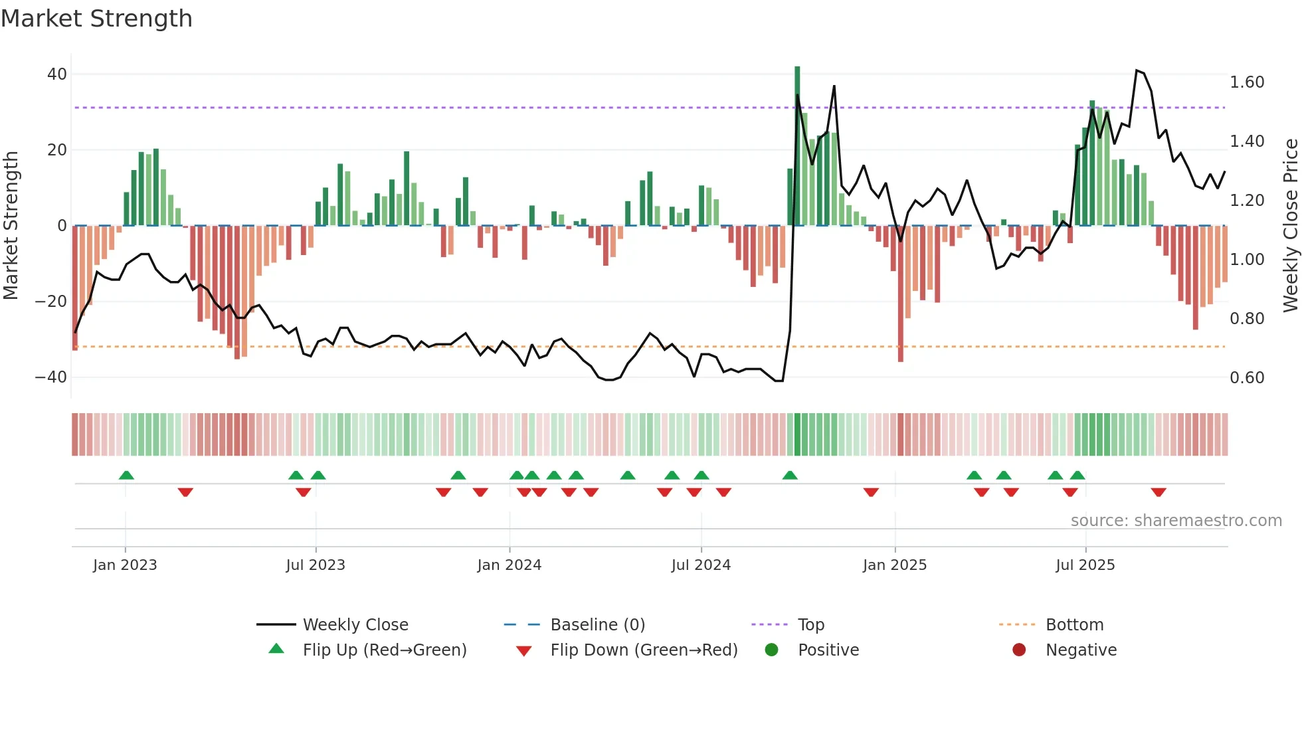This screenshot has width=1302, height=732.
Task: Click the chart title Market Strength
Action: click(96, 19)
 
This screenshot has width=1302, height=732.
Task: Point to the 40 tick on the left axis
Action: click(57, 74)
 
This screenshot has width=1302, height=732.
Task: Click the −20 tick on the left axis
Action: click(51, 302)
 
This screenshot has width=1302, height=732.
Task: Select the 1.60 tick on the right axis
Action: click(1247, 82)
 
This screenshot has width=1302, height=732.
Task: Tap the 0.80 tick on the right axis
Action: click(1247, 319)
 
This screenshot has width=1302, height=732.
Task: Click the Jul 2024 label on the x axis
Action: click(701, 565)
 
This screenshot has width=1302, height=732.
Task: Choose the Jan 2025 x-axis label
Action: click(894, 565)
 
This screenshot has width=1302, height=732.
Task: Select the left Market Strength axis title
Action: click(11, 226)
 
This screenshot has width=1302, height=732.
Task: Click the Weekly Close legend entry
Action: click(355, 625)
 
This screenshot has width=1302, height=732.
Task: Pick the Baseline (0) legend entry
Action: click(597, 625)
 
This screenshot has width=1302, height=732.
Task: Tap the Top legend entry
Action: click(810, 625)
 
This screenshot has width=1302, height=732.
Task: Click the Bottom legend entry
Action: click(1074, 625)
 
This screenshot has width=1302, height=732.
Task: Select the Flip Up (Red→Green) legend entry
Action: click(385, 650)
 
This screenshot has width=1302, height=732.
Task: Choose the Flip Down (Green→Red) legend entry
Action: click(644, 650)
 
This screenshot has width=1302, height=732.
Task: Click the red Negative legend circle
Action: click(1019, 650)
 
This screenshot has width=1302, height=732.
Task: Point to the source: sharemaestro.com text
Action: click(1176, 521)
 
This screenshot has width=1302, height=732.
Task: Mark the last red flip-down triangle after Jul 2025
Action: click(1159, 492)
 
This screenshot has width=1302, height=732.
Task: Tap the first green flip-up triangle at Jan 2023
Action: click(126, 475)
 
